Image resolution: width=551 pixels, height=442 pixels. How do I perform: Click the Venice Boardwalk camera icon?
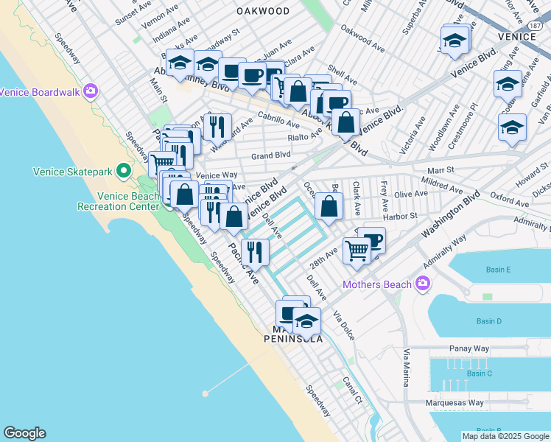91,92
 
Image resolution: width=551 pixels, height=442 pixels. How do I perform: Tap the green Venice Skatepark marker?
124,172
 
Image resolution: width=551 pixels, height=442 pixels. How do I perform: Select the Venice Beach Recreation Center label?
128,201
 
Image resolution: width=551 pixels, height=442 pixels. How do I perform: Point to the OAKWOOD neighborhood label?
263,11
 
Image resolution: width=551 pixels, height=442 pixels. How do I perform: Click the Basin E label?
498,270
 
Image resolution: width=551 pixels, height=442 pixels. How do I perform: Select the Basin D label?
489,321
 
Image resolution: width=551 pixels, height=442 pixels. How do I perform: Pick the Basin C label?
479,373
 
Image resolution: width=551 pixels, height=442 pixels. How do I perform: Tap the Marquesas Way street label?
455,403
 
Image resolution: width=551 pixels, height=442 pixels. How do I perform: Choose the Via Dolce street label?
344,325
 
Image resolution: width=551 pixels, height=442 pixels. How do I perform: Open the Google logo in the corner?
24,433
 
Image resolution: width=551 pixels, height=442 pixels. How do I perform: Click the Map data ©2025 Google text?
505,436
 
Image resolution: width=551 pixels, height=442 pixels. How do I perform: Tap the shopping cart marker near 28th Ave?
357,250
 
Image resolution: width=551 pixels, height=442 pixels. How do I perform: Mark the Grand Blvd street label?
271,155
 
